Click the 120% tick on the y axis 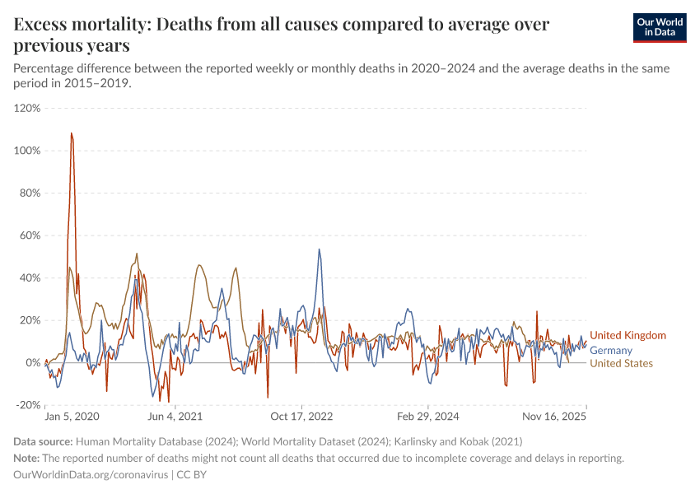[27, 108]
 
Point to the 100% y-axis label [27, 151]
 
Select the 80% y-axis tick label [29, 193]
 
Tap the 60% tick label [29, 235]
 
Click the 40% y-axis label [29, 277]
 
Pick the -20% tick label [27, 405]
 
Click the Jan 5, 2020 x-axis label [72, 417]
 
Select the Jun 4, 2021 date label [174, 417]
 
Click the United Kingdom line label [628, 335]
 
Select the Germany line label [611, 351]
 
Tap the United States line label [622, 363]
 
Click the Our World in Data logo [660, 27]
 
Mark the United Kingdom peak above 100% [72, 133]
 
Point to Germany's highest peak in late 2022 [320, 249]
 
